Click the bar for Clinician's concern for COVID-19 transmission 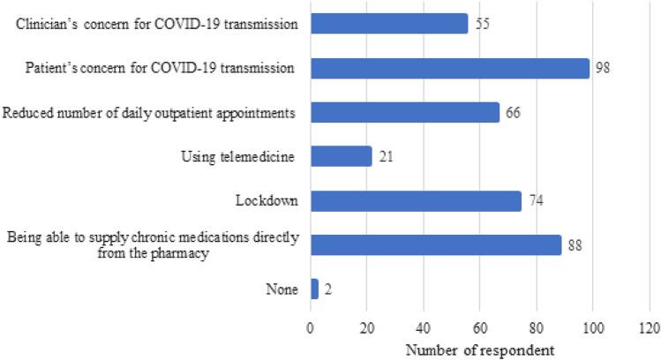tap(389, 24)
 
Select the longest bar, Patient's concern tap(449, 68)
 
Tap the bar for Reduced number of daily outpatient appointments tap(404, 112)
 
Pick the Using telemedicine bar tap(341, 156)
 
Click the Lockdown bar tap(416, 200)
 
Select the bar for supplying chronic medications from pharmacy tap(435, 244)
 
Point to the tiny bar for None tap(314, 289)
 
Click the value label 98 tap(603, 68)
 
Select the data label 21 tap(385, 157)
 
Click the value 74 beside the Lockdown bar tap(536, 201)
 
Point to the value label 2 tap(327, 289)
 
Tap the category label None tap(283, 289)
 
